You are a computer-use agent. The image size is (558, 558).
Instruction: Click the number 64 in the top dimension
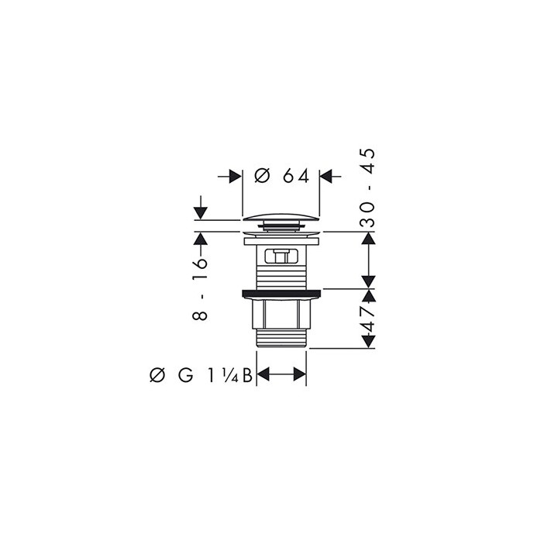tap(295, 176)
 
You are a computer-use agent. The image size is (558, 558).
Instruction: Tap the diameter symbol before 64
tap(262, 176)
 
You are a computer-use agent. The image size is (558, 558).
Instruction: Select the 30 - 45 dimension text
tap(368, 187)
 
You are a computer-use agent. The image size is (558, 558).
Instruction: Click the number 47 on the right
tap(368, 318)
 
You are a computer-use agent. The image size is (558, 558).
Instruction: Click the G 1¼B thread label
tap(215, 376)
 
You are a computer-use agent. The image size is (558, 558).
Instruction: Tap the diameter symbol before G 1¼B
tap(156, 376)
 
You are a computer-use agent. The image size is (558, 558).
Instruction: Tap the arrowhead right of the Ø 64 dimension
tap(327, 177)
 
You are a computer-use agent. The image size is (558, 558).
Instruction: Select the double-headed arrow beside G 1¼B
tap(281, 376)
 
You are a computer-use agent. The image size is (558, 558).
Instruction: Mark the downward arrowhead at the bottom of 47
tap(370, 342)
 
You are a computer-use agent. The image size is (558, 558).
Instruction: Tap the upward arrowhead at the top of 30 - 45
tap(370, 238)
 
